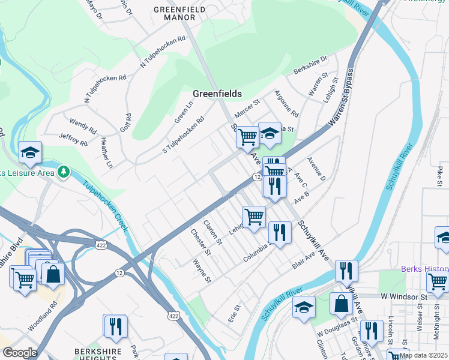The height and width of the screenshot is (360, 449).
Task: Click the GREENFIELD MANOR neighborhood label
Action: click(x=179, y=14)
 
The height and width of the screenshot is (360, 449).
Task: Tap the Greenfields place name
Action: click(x=217, y=94)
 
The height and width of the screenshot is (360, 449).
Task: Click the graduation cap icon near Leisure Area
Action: click(x=30, y=154)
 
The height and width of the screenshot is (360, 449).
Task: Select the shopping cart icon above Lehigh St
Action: click(x=254, y=217)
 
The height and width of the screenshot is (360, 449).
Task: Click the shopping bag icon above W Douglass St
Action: click(x=341, y=304)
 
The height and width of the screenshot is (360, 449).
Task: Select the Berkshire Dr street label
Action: click(x=310, y=65)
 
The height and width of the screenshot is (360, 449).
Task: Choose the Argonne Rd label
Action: click(x=286, y=104)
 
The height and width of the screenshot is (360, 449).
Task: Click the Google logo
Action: click(x=20, y=353)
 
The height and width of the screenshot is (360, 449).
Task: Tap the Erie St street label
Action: click(x=235, y=313)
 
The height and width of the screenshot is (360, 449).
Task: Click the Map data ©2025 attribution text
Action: click(x=424, y=355)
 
